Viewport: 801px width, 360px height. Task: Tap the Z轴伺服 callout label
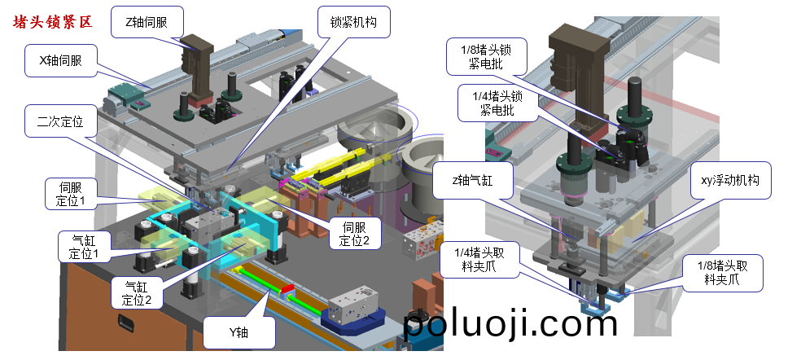pos(147,22)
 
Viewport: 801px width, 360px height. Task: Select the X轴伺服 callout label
pos(60,59)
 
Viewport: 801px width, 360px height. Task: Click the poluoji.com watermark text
pos(511,325)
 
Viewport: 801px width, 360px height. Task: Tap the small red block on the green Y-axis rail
pos(286,290)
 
